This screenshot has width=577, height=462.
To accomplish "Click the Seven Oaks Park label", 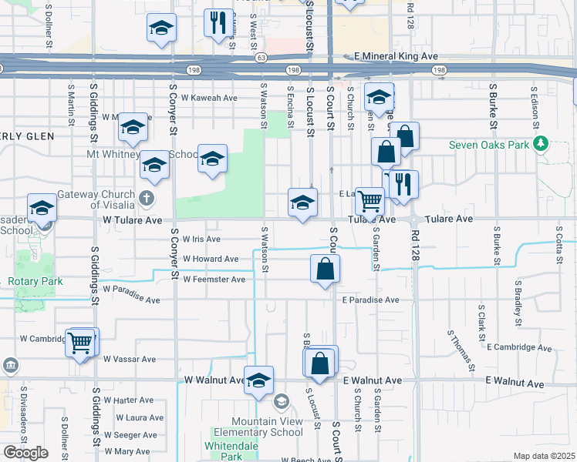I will (x=491, y=144).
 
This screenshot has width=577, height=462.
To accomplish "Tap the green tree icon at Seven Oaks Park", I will (x=541, y=143).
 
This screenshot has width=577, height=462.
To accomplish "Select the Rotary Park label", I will (x=35, y=281).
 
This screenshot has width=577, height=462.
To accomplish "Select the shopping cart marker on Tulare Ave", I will (x=370, y=201).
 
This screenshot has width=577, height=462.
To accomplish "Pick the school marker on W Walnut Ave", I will (x=259, y=379).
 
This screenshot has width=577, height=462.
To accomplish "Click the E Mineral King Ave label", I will (x=396, y=57).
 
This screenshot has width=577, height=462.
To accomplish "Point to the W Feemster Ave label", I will (x=214, y=279).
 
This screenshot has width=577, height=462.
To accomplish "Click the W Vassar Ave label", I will (x=130, y=359).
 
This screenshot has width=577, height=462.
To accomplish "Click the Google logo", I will (x=25, y=453).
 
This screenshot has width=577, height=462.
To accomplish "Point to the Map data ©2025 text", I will (x=544, y=456).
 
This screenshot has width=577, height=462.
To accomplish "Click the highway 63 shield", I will (x=262, y=57).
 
